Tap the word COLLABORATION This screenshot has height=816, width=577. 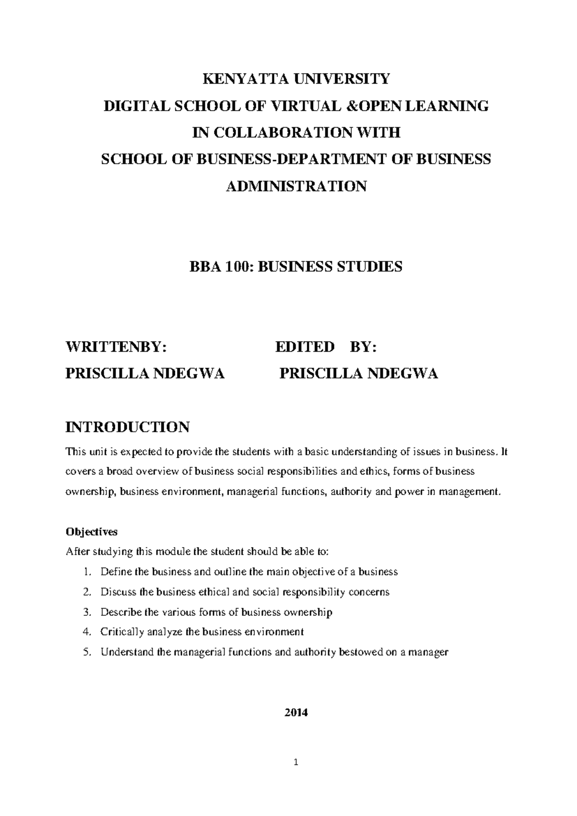[278, 132]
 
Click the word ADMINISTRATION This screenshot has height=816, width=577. [296, 186]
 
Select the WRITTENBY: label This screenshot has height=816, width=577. [116, 347]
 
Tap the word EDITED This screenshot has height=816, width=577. [305, 347]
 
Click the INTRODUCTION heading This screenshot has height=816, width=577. [127, 427]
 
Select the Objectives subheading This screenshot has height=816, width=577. [91, 532]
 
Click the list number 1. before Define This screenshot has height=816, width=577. [87, 572]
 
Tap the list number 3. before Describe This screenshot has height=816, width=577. [87, 612]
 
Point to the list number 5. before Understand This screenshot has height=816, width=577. [87, 652]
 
